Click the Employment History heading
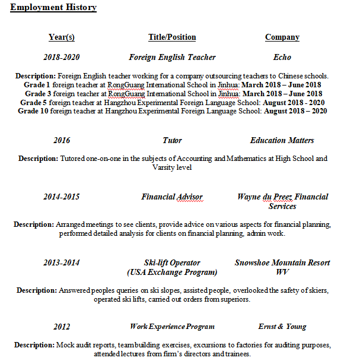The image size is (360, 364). (x=53, y=8)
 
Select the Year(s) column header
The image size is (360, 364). (x=62, y=37)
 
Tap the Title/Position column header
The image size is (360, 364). (x=172, y=37)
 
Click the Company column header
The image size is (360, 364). (x=282, y=37)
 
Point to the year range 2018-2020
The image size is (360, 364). (x=62, y=58)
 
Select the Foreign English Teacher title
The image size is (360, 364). (x=172, y=58)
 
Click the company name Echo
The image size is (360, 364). (x=282, y=58)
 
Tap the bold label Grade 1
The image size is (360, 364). (x=37, y=85)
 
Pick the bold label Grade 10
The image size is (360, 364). (x=34, y=110)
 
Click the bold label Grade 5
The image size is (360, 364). (x=33, y=102)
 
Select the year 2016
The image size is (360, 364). (x=62, y=141)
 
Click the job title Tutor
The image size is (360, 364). (x=172, y=141)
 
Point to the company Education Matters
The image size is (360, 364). (x=282, y=141)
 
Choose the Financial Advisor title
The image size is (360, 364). (x=172, y=197)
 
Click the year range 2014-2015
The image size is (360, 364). (x=62, y=197)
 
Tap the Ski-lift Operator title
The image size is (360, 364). (x=172, y=263)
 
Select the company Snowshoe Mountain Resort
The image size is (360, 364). (x=282, y=263)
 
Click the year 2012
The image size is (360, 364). (x=62, y=327)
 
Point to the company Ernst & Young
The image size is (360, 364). (x=282, y=327)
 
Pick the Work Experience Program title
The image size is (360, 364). (x=172, y=327)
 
